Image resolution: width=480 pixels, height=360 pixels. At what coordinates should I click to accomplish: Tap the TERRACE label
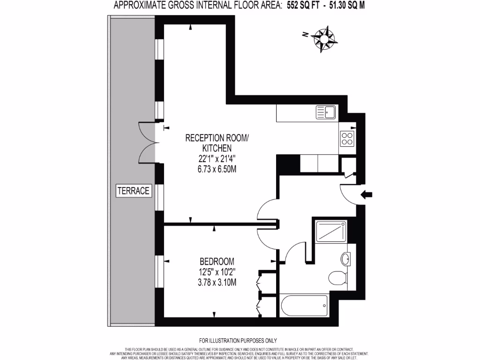[x=134, y=191]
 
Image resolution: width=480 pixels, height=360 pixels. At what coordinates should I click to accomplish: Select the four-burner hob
[x=347, y=138]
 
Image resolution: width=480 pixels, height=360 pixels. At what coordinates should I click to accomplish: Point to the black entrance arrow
[x=367, y=195]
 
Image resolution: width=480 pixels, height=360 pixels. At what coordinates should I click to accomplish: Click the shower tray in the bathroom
[x=331, y=231]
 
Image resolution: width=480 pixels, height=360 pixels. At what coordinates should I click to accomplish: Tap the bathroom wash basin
[x=345, y=258]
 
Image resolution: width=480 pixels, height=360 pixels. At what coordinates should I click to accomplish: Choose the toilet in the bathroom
[x=337, y=278]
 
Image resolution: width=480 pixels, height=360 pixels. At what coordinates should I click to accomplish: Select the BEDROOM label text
[x=217, y=261]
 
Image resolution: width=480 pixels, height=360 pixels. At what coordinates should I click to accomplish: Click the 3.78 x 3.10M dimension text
[x=217, y=283]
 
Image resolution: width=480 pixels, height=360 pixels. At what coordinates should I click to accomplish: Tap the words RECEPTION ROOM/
[x=218, y=138]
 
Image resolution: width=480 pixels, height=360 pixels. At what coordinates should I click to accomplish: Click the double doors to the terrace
[x=148, y=142]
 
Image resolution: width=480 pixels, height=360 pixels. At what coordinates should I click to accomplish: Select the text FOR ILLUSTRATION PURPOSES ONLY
[x=238, y=341]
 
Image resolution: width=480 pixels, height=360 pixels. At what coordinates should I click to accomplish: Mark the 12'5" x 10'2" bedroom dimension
[x=217, y=272]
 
